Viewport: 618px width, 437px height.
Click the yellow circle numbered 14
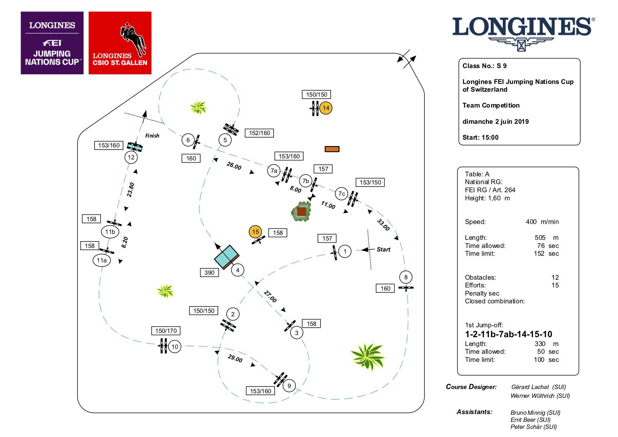click(x=326, y=108)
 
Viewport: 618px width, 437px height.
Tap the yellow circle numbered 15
click(x=255, y=232)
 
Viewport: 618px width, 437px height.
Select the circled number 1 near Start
click(x=345, y=251)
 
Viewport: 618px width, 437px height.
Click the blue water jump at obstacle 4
click(x=227, y=256)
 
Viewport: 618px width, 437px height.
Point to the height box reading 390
click(x=209, y=272)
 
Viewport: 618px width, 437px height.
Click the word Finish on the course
click(x=152, y=135)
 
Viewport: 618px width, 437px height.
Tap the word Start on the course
click(x=383, y=249)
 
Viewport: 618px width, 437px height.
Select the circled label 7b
click(x=305, y=181)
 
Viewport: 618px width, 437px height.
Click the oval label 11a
click(x=102, y=260)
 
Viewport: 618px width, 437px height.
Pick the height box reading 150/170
click(x=166, y=331)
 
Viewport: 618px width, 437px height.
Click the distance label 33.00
click(x=383, y=225)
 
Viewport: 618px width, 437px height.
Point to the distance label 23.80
click(x=131, y=189)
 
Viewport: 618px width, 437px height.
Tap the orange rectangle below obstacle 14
click(x=332, y=149)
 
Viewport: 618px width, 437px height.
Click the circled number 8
click(x=406, y=277)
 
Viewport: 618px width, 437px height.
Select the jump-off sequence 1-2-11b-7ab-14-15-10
click(x=508, y=334)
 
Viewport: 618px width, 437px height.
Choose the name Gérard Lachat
click(x=530, y=387)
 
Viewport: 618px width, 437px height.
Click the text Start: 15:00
click(x=480, y=138)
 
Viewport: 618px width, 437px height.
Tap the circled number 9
click(x=289, y=386)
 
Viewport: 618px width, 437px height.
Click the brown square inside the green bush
click(x=301, y=211)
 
